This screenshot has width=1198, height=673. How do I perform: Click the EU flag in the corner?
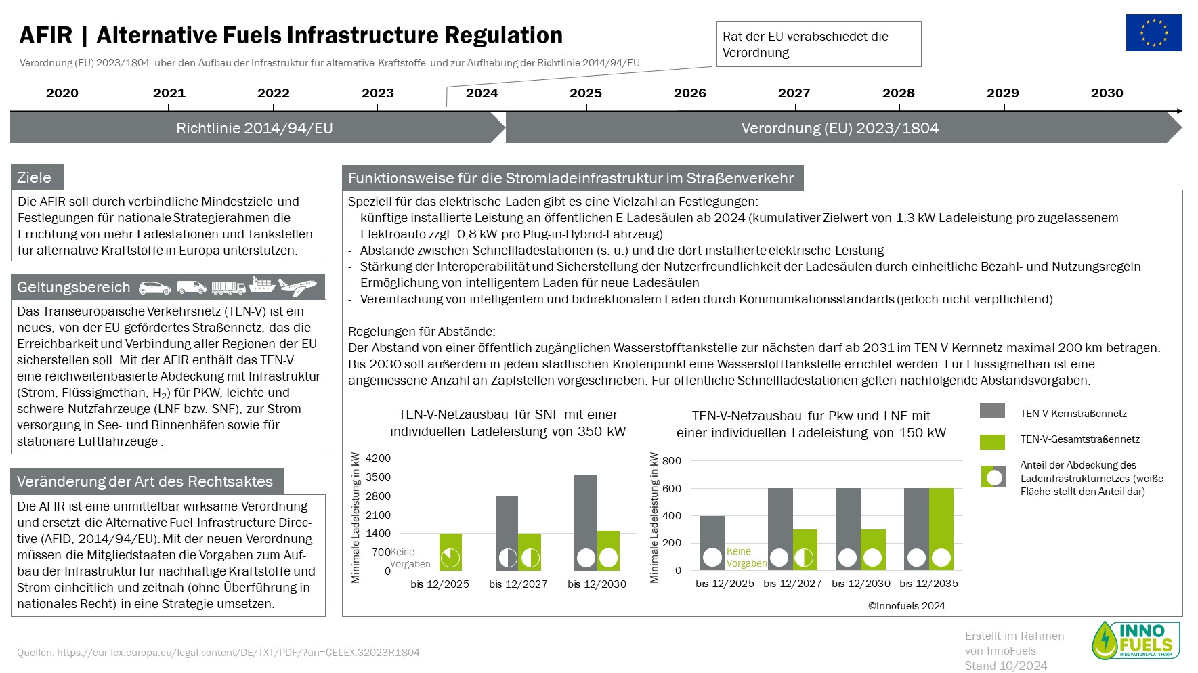pos(1154,32)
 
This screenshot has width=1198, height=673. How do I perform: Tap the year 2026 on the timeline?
pos(689,93)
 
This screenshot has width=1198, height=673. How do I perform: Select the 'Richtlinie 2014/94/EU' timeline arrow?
pos(258,128)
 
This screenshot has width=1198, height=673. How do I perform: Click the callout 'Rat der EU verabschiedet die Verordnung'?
pos(819,44)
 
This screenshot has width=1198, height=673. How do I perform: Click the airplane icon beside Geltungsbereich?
pos(297,286)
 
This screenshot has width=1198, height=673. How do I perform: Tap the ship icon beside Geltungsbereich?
pos(262,285)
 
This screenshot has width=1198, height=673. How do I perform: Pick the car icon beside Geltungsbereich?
pos(155,288)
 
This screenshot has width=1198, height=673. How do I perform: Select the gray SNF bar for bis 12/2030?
pos(586,522)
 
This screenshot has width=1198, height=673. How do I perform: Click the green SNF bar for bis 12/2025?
pos(450,552)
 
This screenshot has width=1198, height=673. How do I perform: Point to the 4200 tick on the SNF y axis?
pos(378,458)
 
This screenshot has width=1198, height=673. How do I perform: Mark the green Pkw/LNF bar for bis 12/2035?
pos(941,529)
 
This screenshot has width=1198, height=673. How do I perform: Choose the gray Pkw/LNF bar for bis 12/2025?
pos(712,543)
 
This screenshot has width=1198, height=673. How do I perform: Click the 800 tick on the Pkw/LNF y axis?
pos(672,461)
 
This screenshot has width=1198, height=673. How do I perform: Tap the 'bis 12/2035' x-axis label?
pos(928,583)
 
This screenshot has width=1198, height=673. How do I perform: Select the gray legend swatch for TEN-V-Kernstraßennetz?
pos(992,410)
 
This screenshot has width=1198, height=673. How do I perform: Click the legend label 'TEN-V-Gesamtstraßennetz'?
pos(1080,439)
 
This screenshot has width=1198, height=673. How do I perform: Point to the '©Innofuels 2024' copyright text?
pos(906,606)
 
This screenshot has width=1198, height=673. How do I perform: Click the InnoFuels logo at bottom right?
pos(1136,640)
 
